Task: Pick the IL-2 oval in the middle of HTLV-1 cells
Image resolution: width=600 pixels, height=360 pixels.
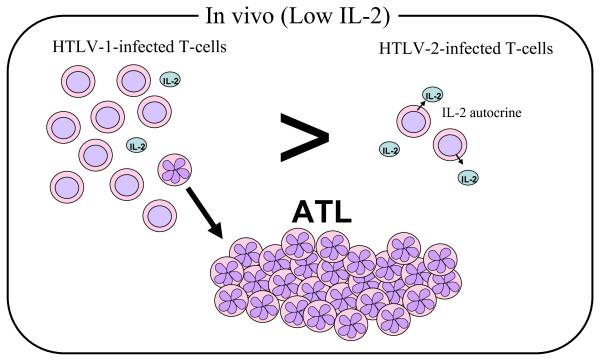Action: click(139, 146)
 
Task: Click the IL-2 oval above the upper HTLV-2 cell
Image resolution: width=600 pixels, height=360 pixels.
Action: click(432, 96)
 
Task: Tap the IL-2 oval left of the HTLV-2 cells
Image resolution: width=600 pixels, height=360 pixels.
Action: click(390, 150)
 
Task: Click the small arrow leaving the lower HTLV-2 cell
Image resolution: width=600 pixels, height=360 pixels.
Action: click(459, 164)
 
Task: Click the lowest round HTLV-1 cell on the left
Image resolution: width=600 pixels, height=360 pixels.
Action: click(158, 214)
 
